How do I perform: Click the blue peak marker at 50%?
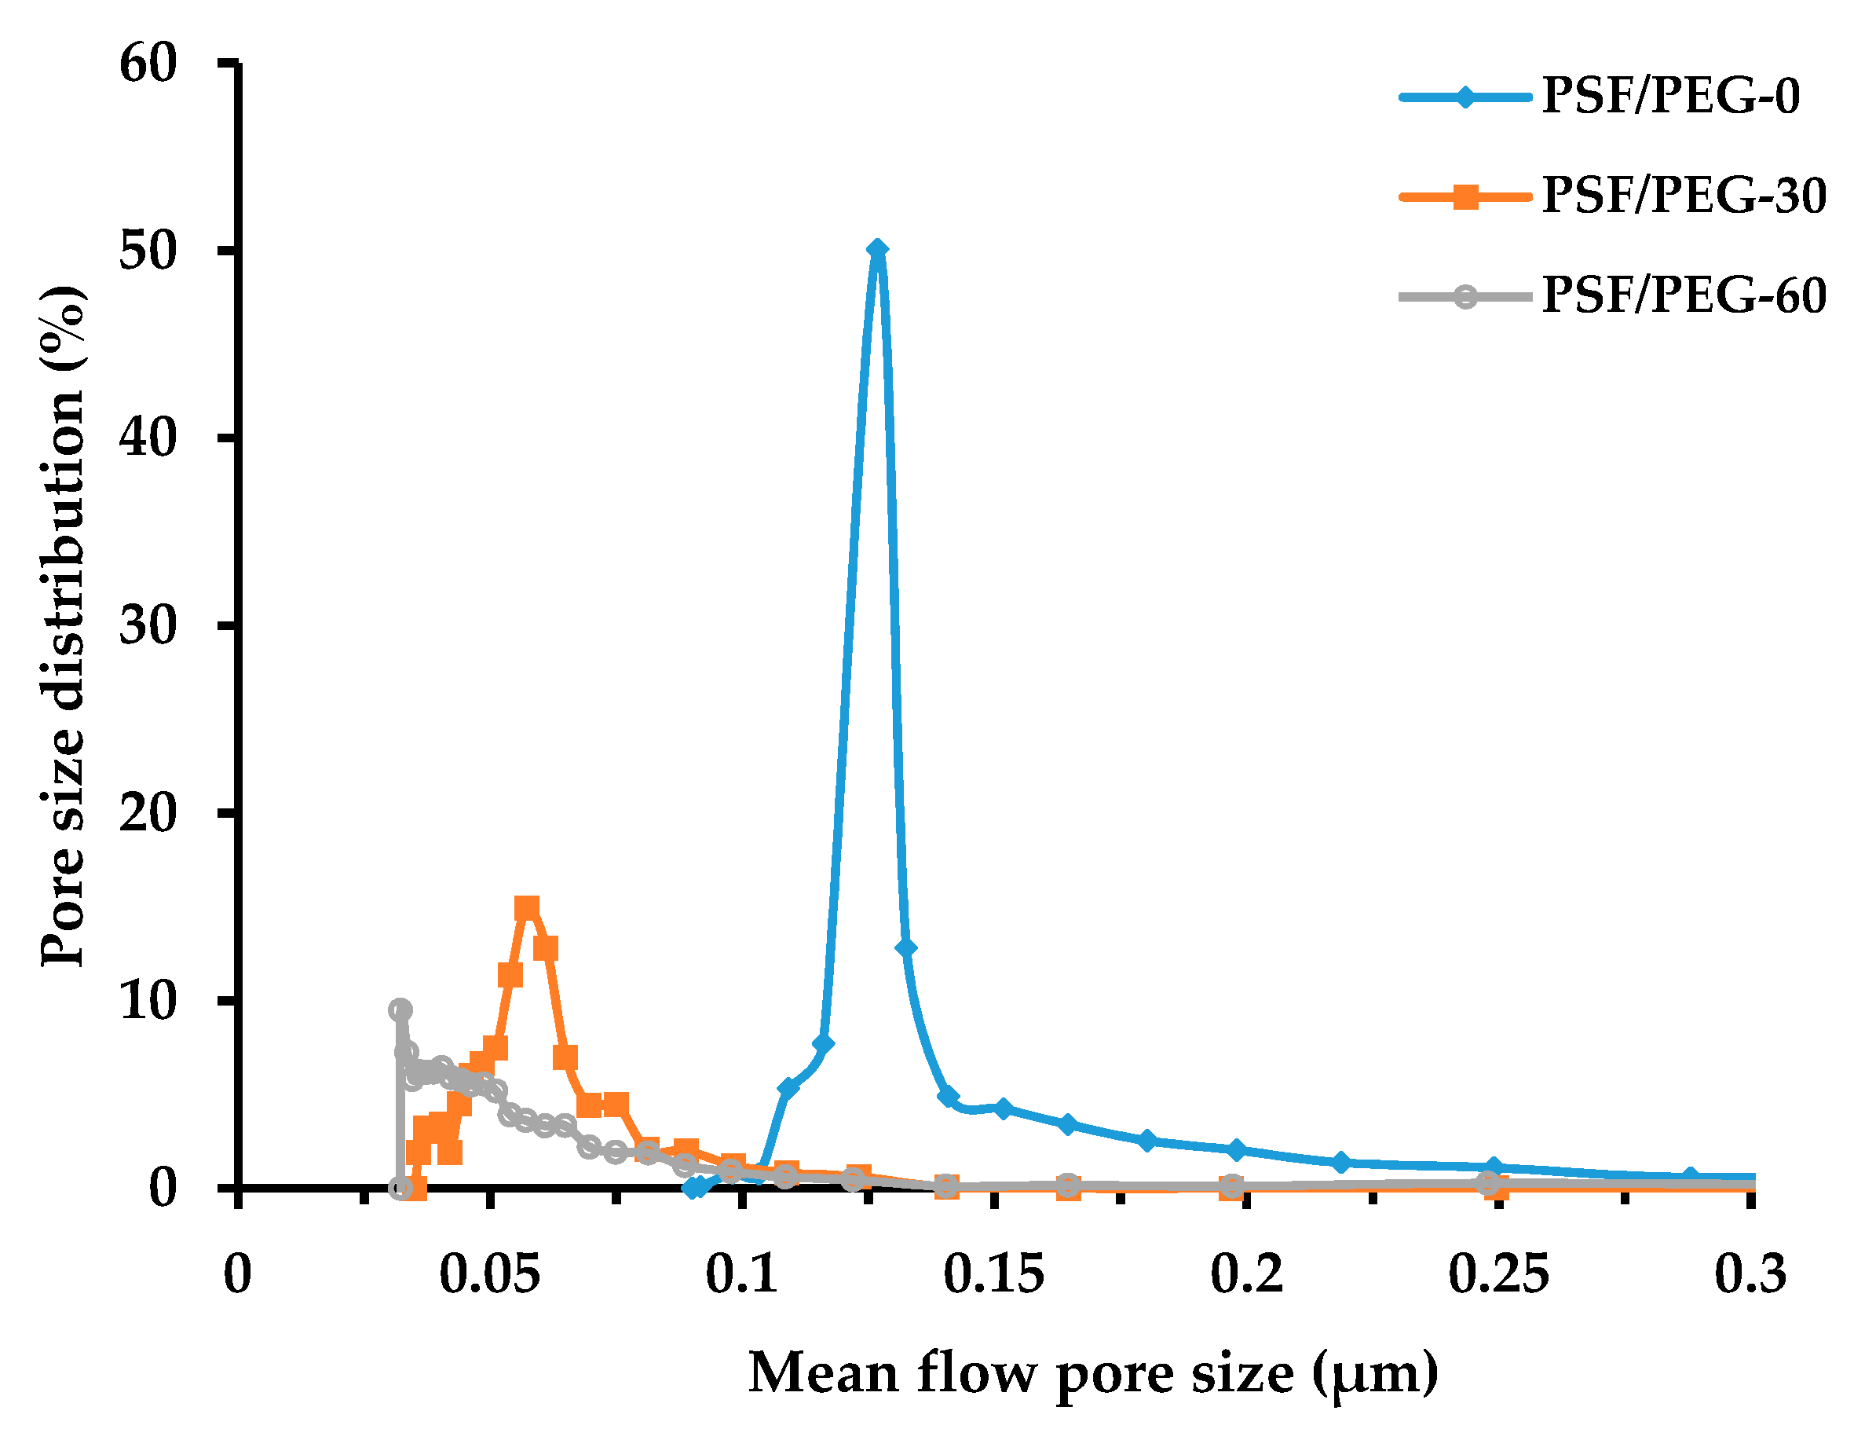click(x=878, y=249)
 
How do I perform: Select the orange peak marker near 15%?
click(x=527, y=907)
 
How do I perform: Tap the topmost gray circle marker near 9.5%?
click(x=400, y=1009)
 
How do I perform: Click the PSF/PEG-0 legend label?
click(x=1670, y=95)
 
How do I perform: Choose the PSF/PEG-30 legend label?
click(x=1684, y=196)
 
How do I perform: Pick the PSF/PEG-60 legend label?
click(x=1684, y=295)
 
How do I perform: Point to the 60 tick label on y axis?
click(x=148, y=63)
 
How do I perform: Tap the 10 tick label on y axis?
click(x=148, y=1000)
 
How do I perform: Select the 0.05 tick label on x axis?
click(x=489, y=1273)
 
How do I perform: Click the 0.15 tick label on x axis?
click(x=993, y=1273)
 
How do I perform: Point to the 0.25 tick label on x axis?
click(x=1498, y=1273)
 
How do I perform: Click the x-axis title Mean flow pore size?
click(x=1093, y=1373)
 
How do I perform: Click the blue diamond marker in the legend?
click(x=1465, y=96)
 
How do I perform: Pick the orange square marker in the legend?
click(x=1465, y=197)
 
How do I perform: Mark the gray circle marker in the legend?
click(x=1465, y=296)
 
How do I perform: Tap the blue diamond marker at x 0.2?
click(x=1237, y=1149)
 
